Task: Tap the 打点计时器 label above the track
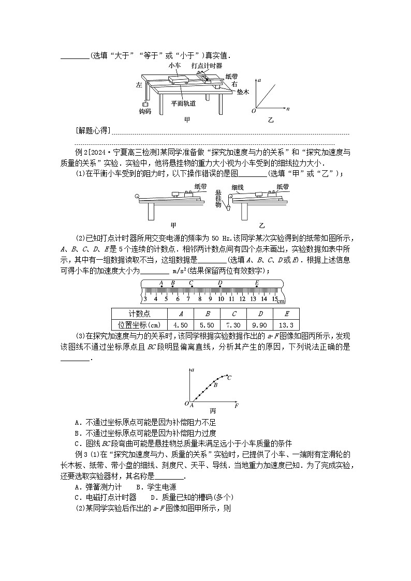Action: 207,66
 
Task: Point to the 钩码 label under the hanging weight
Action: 145,111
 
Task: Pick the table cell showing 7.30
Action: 233,324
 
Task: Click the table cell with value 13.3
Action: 286,324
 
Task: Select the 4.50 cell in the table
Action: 180,324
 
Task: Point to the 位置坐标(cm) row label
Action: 139,324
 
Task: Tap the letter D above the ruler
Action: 220,282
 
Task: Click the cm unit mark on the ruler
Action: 281,301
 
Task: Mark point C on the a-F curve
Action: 229,378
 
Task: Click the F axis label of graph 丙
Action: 237,406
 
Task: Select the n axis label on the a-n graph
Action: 288,110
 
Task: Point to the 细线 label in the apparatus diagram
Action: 238,187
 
